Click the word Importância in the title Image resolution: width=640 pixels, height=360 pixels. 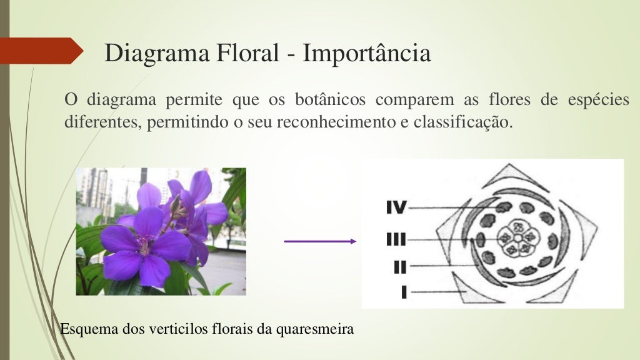(x=367, y=54)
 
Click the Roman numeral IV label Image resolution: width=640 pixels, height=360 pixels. (x=396, y=207)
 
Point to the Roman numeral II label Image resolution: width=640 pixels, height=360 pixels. (x=400, y=267)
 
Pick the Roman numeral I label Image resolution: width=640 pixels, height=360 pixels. (x=404, y=291)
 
